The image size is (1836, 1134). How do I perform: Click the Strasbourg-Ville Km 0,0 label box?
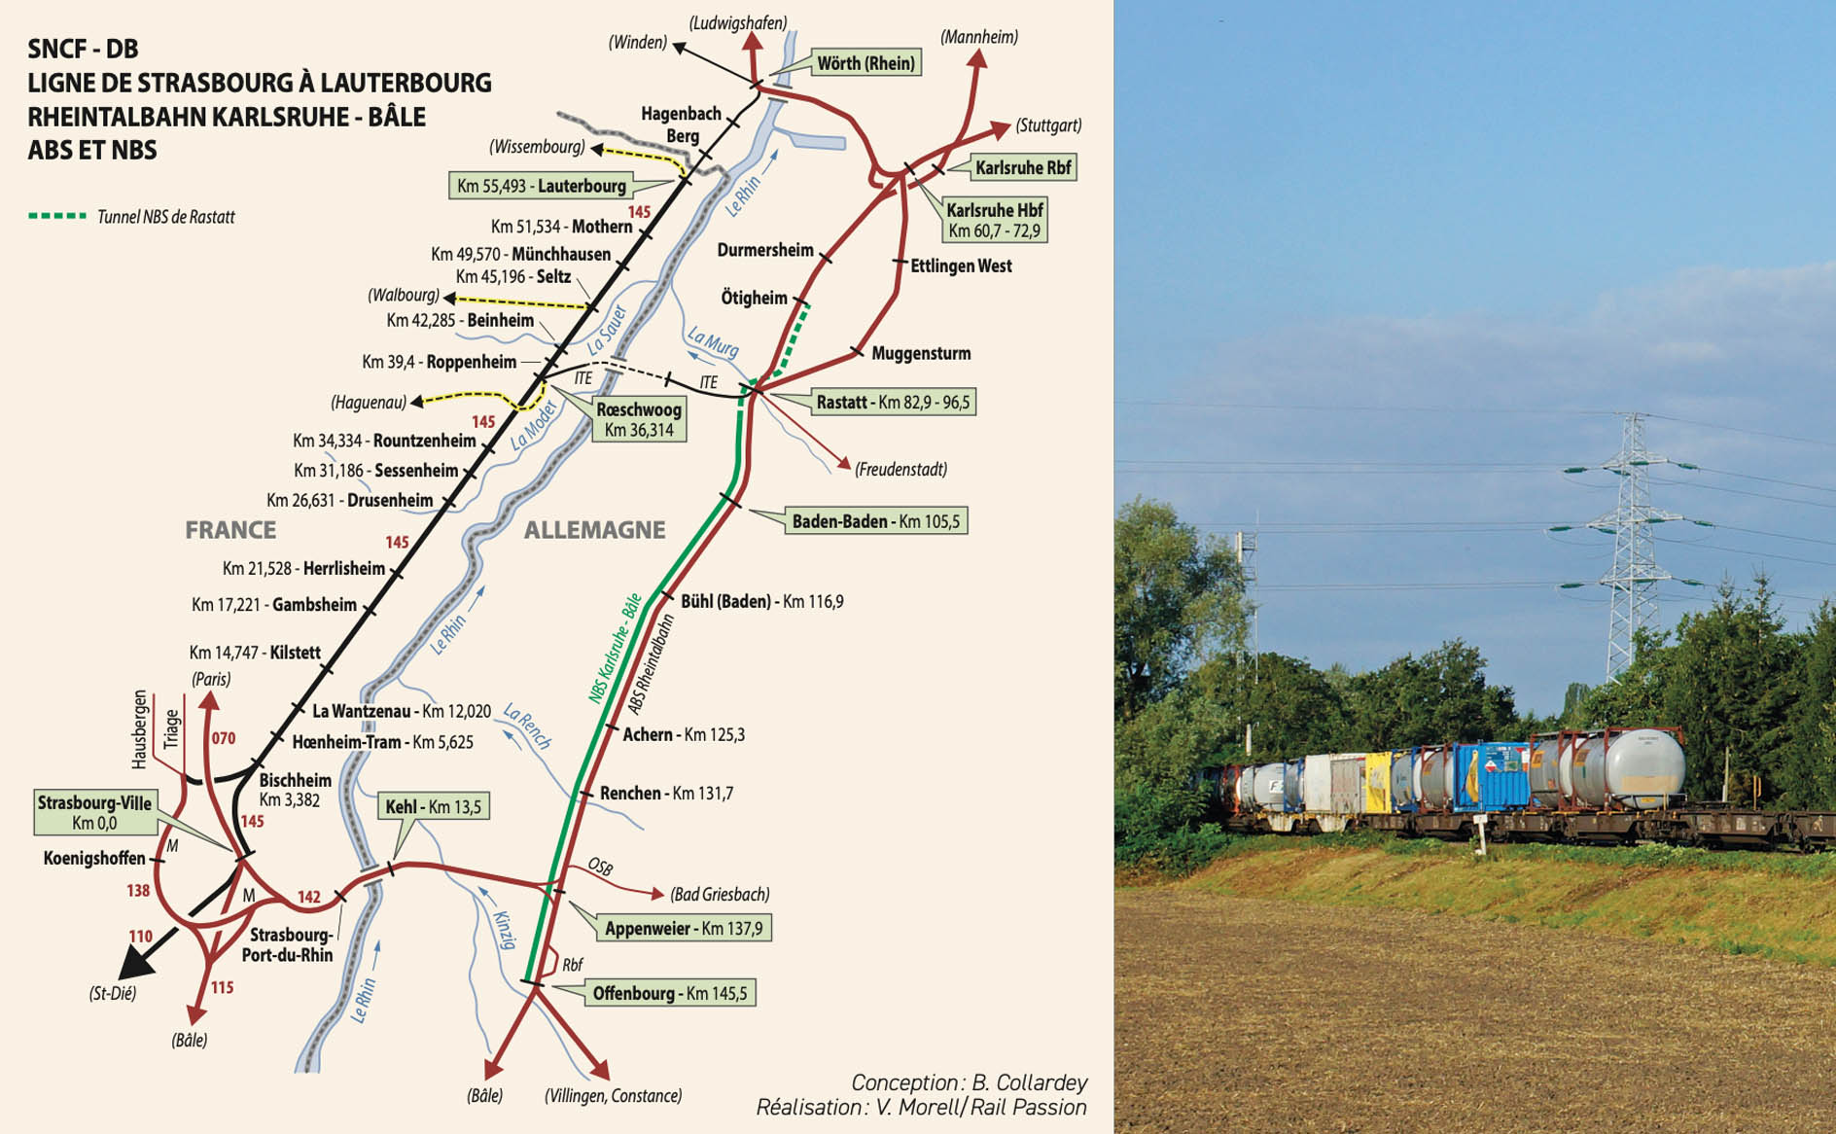pos(94,813)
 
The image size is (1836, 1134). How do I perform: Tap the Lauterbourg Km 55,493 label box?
pos(541,186)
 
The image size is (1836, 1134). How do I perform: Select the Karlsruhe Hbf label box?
pos(994,220)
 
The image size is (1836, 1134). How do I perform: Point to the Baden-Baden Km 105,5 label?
pos(875,521)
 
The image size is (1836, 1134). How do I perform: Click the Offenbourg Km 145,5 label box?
pos(669,993)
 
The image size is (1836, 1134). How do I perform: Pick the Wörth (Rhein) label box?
pos(865,63)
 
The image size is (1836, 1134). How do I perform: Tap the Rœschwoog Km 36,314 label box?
pos(639,420)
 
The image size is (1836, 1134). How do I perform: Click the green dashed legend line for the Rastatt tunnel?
pos(57,216)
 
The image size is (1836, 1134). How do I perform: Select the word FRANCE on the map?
pos(230,530)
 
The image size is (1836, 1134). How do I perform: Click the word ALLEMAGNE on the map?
pos(594,530)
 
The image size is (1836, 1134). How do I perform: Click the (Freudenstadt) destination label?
pos(900,470)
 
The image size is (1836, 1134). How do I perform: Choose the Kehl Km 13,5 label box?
pos(433,806)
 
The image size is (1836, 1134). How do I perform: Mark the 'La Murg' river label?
pos(713,341)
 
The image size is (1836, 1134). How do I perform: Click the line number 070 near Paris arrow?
pos(224,738)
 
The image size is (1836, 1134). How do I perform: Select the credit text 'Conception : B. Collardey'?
pos(969,1082)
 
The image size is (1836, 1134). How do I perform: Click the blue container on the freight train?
pos(1490,776)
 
